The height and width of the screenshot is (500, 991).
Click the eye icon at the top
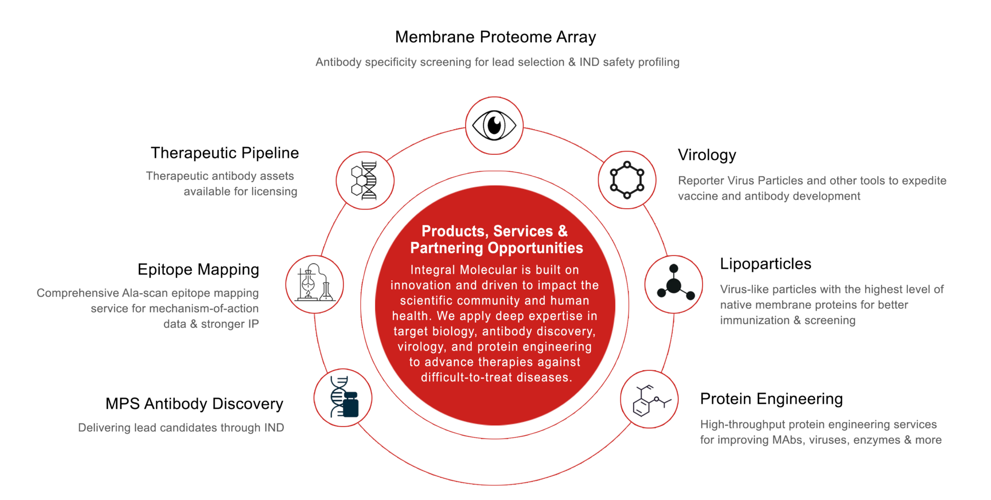pyautogui.click(x=494, y=125)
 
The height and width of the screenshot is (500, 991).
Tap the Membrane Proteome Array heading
pyautogui.click(x=495, y=37)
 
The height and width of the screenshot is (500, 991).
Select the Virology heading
pyautogui.click(x=707, y=155)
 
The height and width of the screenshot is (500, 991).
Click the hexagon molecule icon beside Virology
pyautogui.click(x=627, y=180)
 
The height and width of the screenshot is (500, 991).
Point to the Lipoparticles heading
pyautogui.click(x=766, y=264)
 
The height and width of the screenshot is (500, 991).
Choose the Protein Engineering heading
pyautogui.click(x=771, y=399)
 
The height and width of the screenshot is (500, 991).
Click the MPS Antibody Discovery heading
pyautogui.click(x=194, y=404)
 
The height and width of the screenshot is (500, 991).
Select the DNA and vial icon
pyautogui.click(x=344, y=397)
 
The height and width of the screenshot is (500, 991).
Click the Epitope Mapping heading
pyautogui.click(x=198, y=270)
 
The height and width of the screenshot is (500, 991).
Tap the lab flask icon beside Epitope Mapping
pyautogui.click(x=315, y=283)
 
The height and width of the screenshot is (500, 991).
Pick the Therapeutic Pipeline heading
pyautogui.click(x=225, y=153)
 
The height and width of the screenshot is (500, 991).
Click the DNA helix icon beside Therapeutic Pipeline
pyautogui.click(x=364, y=180)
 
